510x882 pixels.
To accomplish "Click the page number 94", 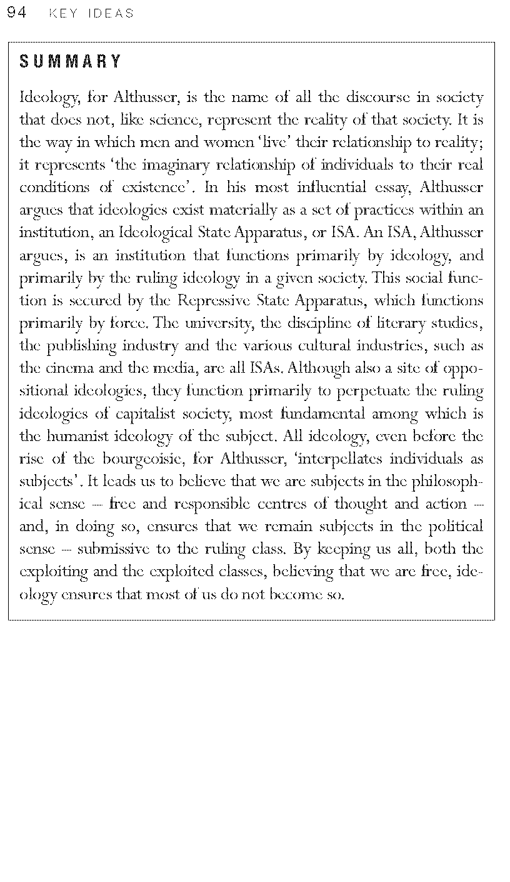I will (16, 13).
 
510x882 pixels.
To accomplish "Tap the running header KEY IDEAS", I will (91, 14).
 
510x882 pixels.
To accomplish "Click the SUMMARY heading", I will (71, 61).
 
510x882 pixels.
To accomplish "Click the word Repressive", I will (215, 300).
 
